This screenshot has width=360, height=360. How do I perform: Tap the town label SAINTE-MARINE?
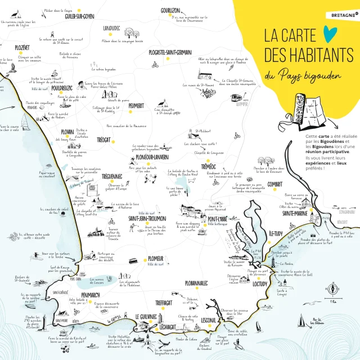pos(295,214)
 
